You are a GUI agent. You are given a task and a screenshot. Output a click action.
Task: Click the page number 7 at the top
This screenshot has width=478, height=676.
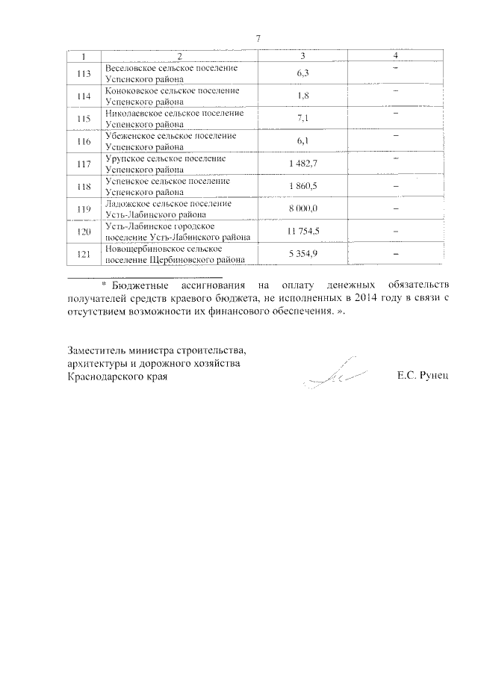pos(257,39)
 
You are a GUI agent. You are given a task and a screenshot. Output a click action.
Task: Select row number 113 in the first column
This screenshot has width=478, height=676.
pos(84,73)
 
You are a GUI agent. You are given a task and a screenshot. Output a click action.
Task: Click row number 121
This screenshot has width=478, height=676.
pos(84,255)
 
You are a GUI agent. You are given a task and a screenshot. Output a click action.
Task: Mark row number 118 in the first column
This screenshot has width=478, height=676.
pos(84,187)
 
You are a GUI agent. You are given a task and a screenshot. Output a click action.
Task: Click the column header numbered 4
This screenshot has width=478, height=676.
pos(395,57)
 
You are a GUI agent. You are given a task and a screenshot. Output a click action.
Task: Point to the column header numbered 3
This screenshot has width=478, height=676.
pos(302,57)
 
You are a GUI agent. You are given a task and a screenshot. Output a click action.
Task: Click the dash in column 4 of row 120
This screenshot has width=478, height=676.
pos(395,232)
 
